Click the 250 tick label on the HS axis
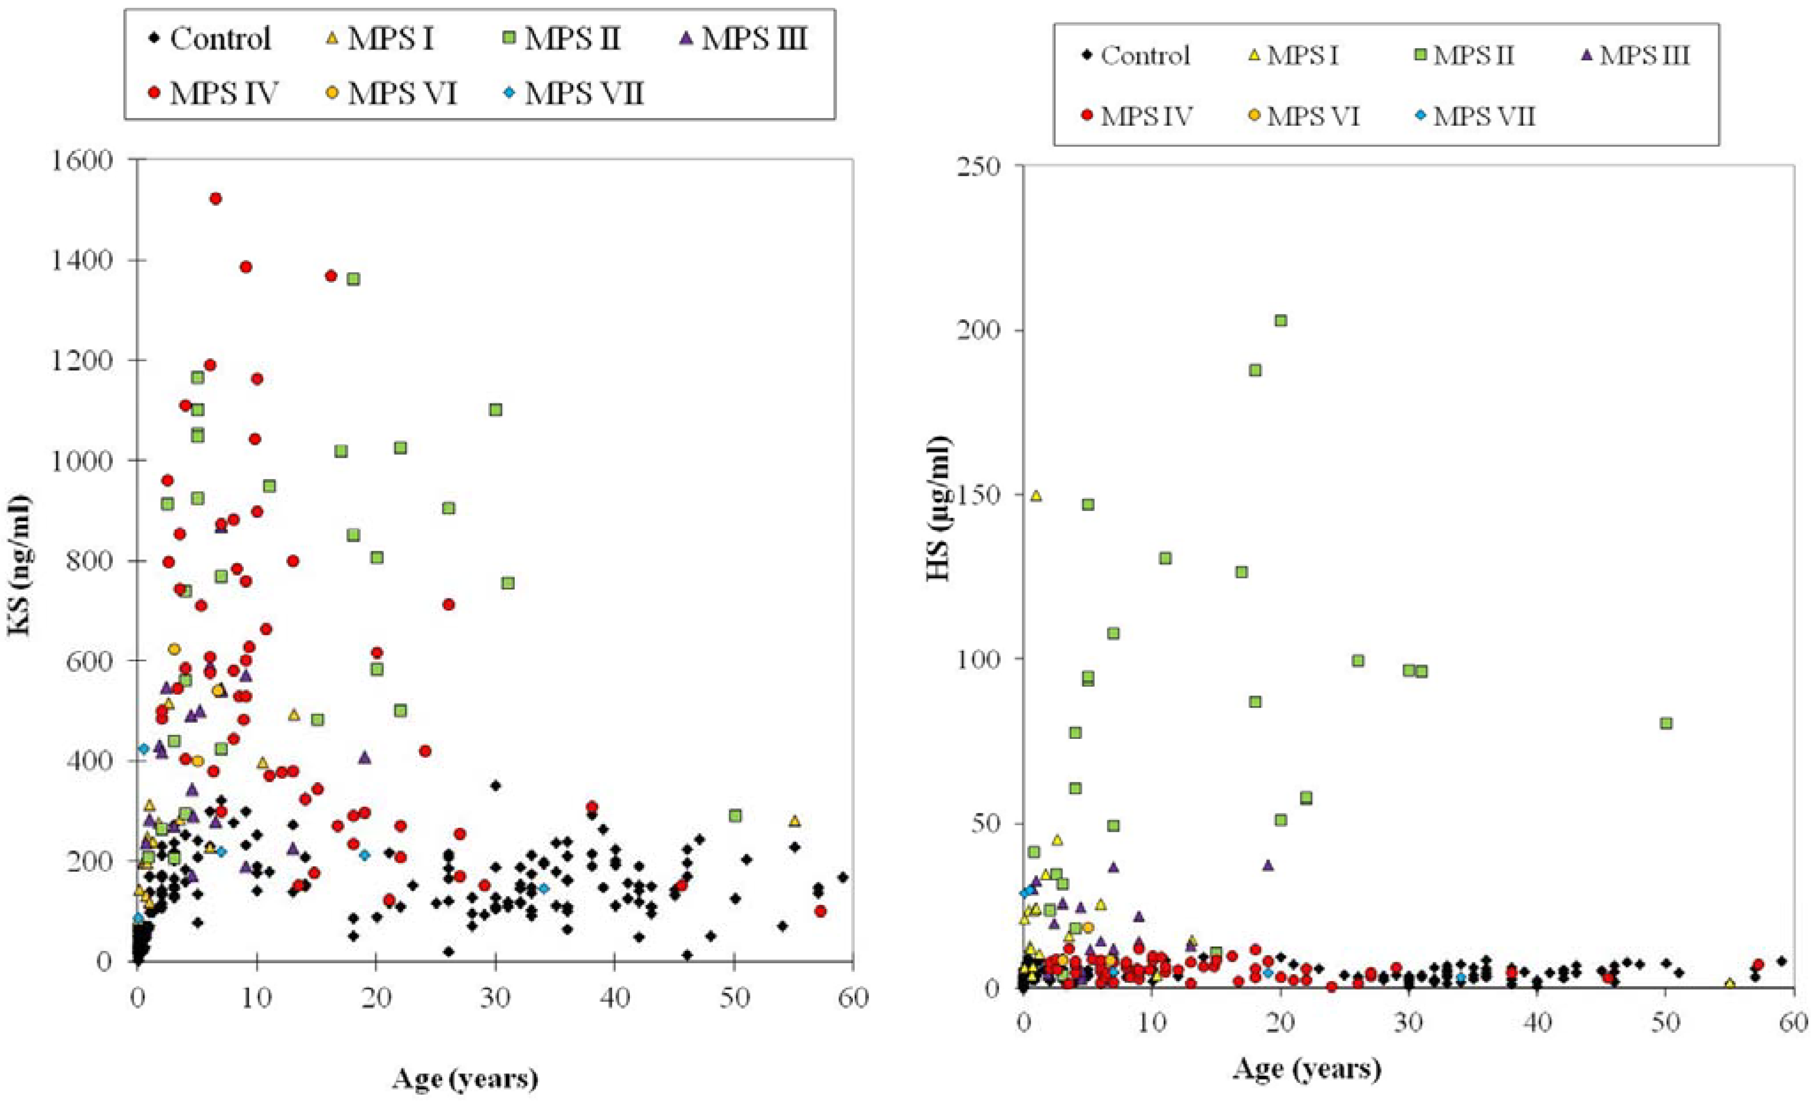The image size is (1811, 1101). [980, 166]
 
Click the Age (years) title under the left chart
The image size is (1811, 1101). [465, 1079]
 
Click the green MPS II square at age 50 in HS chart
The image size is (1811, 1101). [1666, 723]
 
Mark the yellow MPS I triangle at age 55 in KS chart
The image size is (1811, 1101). [794, 821]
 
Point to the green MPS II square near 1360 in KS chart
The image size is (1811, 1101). [354, 279]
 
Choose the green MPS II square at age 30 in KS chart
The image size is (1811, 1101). [495, 409]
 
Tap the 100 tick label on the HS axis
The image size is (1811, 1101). [980, 659]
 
